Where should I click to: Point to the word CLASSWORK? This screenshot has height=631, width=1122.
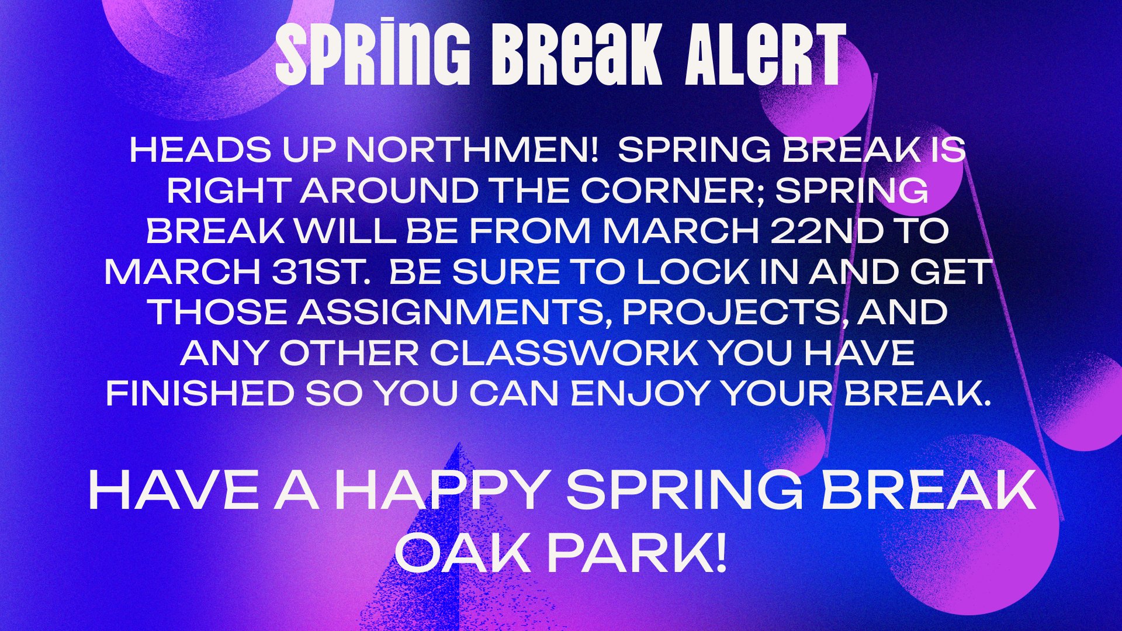(564, 353)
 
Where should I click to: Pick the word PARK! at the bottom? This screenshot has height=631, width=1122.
(638, 553)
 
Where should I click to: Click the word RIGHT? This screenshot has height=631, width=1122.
(228, 191)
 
